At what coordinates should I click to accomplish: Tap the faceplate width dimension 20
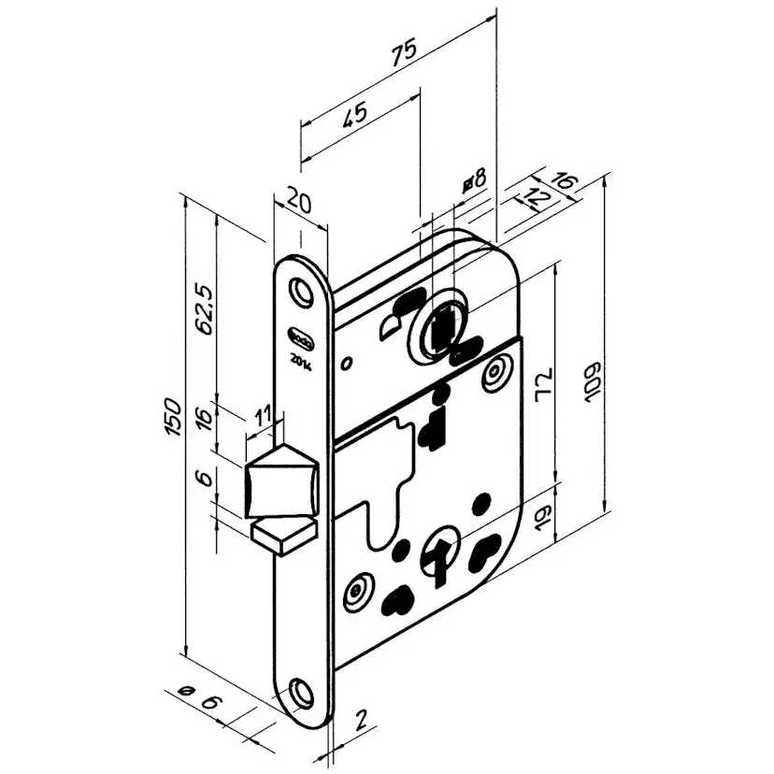pos(299,199)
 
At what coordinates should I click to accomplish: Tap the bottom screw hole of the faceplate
pos(301,692)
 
